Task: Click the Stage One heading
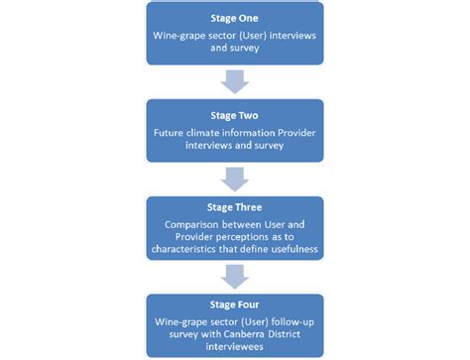(234, 18)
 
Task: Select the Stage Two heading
(234, 114)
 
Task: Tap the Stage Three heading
(234, 209)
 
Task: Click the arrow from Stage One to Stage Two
(235, 80)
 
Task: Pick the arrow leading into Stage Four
(235, 273)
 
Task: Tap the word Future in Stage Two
(170, 131)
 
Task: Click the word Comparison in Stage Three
(193, 225)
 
